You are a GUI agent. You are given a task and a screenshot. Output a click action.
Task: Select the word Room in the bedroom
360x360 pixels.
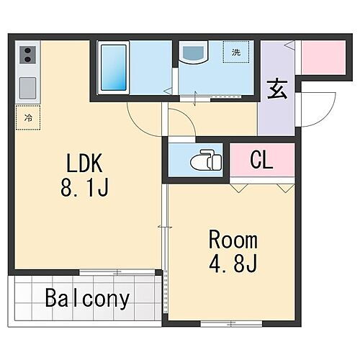[x=232, y=240]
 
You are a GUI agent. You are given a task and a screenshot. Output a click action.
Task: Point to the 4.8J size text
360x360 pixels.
[x=232, y=264]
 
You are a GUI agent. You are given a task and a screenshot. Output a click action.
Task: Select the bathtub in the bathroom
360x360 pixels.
[x=113, y=69]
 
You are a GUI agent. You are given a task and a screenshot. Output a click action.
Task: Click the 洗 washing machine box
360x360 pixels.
[x=235, y=52]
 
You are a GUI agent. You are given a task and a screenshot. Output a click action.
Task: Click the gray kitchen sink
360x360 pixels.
[x=28, y=87]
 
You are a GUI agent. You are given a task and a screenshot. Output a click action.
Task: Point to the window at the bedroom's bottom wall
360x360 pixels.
[x=222, y=322]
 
